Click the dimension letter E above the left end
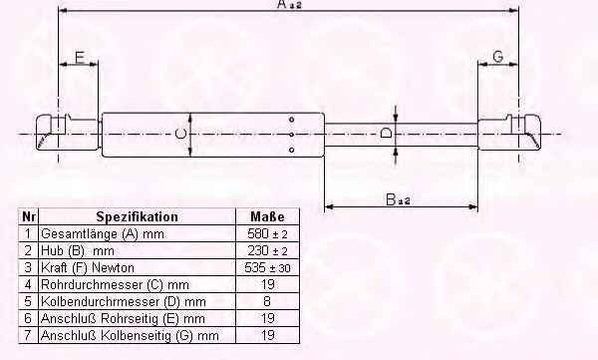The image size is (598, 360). click(x=80, y=57)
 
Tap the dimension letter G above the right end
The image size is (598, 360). click(x=498, y=57)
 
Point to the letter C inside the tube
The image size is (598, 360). click(x=180, y=134)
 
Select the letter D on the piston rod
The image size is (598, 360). click(x=386, y=133)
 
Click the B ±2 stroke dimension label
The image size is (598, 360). click(x=398, y=199)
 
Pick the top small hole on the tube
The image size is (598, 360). click(x=291, y=120)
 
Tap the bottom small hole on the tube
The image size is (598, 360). click(x=291, y=150)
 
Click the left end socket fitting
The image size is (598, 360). click(x=68, y=132)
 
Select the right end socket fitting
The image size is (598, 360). click(x=509, y=132)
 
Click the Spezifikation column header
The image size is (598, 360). click(x=137, y=216)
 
